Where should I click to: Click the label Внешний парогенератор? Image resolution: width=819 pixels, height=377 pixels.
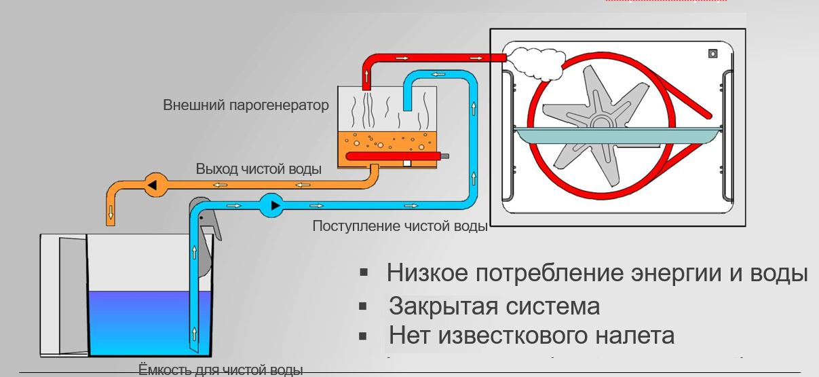pyautogui.click(x=246, y=106)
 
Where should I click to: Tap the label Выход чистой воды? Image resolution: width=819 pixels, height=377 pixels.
pyautogui.click(x=259, y=168)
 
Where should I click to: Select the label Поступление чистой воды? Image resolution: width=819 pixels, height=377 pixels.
pyautogui.click(x=400, y=226)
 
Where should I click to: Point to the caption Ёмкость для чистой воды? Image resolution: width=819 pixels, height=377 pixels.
pyautogui.click(x=221, y=370)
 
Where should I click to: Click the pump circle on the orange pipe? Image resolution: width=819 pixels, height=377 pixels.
pyautogui.click(x=153, y=185)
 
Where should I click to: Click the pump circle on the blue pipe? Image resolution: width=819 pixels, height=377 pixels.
pyautogui.click(x=271, y=204)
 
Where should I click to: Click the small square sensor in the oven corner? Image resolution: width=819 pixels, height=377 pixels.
pyautogui.click(x=712, y=53)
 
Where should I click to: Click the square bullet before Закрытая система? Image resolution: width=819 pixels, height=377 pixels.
pyautogui.click(x=364, y=306)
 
